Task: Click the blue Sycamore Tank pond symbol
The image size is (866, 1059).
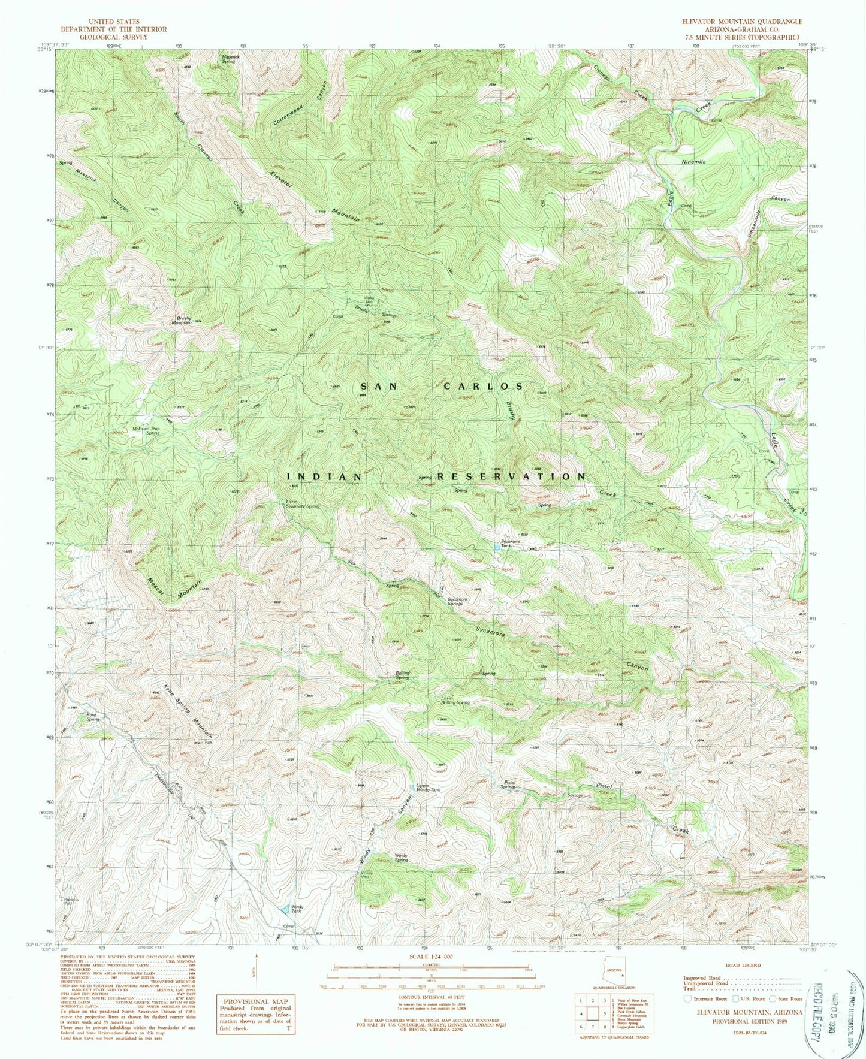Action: (x=497, y=546)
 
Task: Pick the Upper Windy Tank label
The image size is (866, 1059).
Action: (x=429, y=788)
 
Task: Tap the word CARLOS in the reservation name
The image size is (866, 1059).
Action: (x=483, y=387)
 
